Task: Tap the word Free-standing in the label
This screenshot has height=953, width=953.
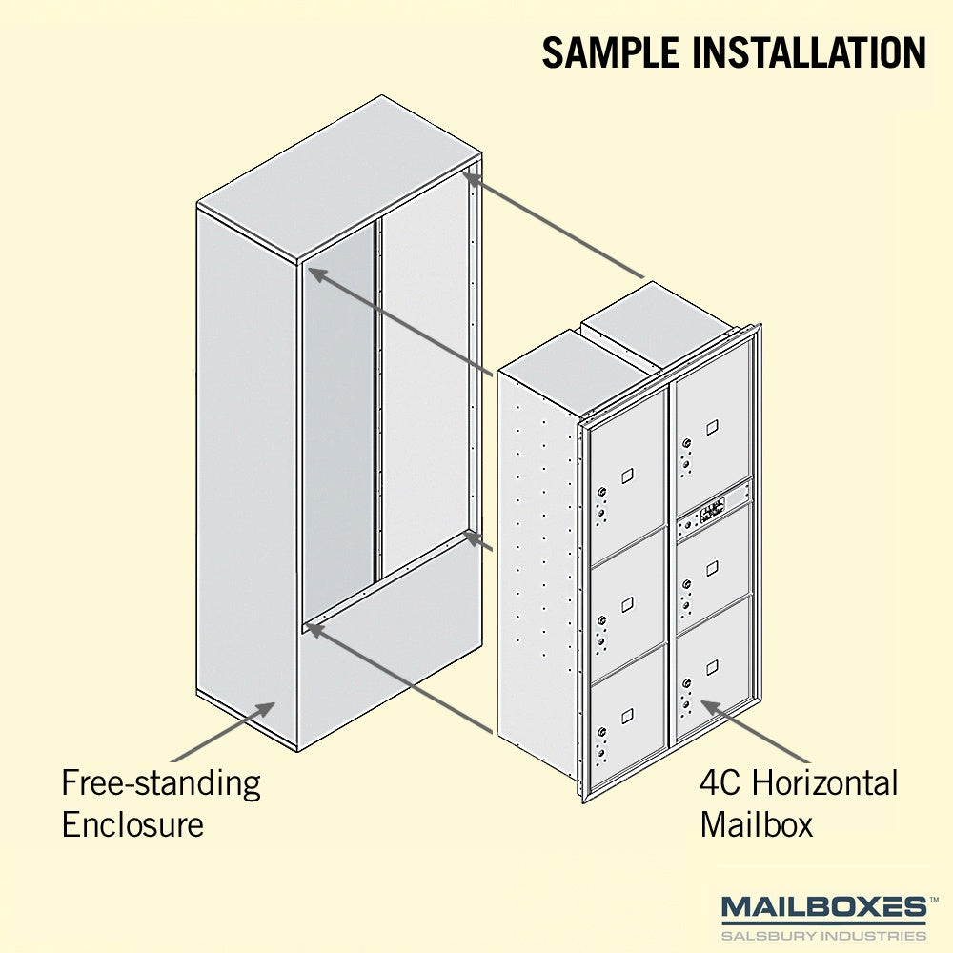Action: coord(161,784)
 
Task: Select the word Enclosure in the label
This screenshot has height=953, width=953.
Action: coord(132,824)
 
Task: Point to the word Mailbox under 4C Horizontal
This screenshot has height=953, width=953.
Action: coord(756,824)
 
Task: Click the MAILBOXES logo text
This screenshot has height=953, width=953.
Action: coord(823,907)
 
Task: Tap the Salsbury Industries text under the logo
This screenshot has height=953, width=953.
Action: coord(823,935)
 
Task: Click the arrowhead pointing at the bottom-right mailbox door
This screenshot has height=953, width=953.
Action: coord(711,707)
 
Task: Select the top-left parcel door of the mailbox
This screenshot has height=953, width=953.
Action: coord(627,476)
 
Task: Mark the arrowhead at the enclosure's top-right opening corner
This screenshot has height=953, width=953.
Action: coord(474,180)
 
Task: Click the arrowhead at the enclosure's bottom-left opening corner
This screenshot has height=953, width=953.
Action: coord(315,629)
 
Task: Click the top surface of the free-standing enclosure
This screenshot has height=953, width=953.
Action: coord(339,177)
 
